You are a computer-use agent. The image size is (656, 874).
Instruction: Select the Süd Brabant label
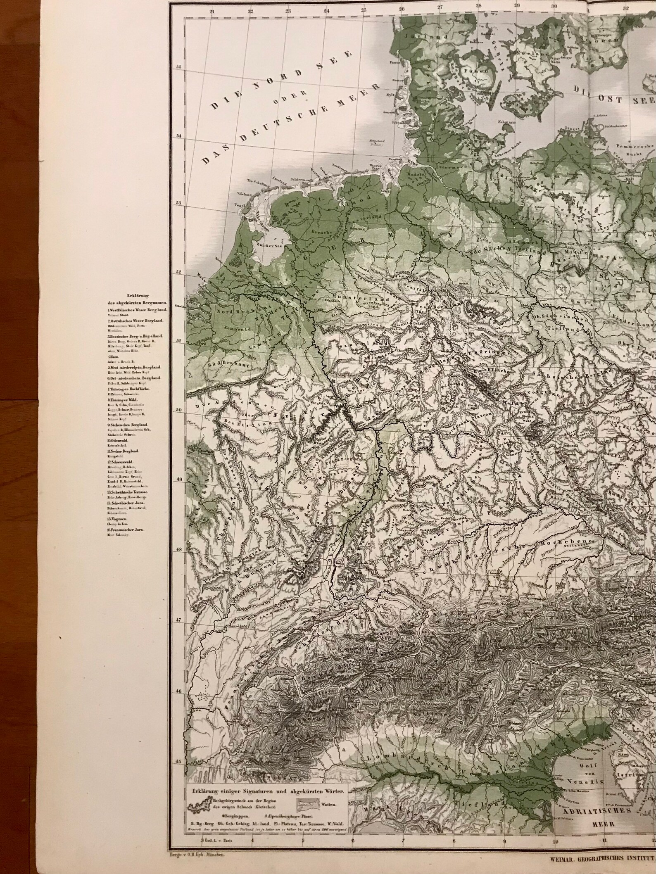point(222,364)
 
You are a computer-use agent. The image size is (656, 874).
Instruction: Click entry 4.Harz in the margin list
point(112,356)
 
